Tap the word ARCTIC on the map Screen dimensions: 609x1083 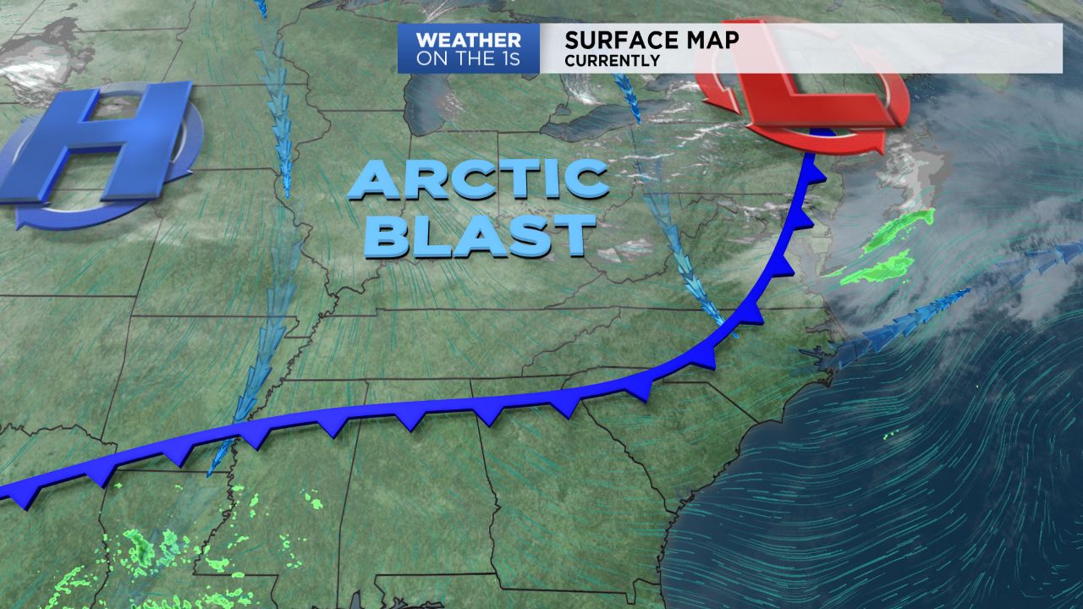pos(478,178)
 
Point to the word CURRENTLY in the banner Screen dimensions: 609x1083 pos(612,61)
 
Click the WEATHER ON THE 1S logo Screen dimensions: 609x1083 pos(469,48)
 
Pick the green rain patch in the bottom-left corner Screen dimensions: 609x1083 pos(144,550)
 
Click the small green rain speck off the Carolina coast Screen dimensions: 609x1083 pos(889,436)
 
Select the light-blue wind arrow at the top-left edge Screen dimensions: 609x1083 pos(261,8)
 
